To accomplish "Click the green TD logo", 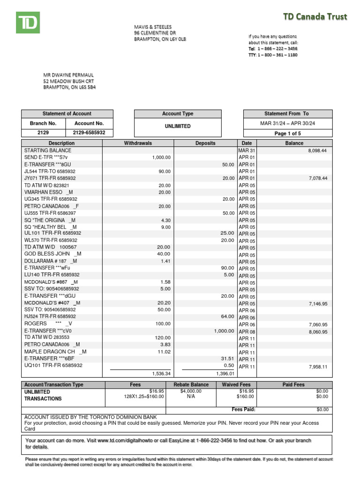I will click(x=28, y=22).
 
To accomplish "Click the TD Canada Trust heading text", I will click(x=315, y=17).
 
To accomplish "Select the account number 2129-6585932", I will click(x=89, y=133).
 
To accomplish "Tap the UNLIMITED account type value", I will click(x=177, y=127).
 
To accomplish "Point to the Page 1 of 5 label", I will click(x=287, y=133).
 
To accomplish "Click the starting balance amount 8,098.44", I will click(x=317, y=150).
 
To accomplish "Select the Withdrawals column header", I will click(x=138, y=143).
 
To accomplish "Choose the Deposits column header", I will click(x=205, y=143).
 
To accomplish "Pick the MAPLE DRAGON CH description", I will click(x=55, y=352).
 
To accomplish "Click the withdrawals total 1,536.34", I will click(x=161, y=374).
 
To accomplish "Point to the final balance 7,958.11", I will click(x=317, y=367).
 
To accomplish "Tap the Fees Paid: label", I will click(x=243, y=409).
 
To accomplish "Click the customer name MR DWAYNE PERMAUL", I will click(x=68, y=75).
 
